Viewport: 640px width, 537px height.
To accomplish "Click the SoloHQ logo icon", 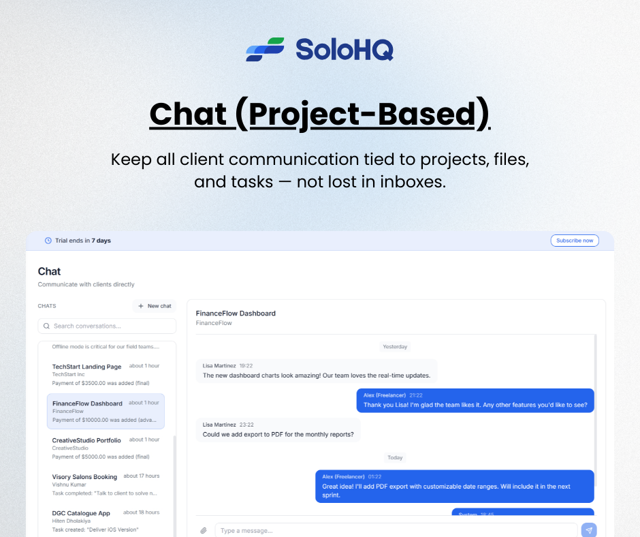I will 265,50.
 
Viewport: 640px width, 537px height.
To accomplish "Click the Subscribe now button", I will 575,241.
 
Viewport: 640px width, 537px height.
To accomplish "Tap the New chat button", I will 155,306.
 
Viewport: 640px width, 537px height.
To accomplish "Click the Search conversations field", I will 107,326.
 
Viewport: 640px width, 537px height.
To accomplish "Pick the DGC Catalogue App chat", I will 106,519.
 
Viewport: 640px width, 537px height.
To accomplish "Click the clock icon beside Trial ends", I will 48,241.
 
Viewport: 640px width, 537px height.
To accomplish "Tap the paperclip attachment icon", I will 203,530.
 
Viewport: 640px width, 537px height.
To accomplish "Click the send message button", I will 589,530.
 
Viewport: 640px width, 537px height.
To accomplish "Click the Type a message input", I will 395,530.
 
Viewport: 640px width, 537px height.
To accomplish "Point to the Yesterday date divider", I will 395,347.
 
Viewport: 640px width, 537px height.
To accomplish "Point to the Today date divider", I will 395,458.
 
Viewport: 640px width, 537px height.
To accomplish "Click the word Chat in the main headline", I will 188,114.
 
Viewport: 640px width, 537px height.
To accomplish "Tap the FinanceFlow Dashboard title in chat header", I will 236,313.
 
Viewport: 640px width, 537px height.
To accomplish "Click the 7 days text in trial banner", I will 101,241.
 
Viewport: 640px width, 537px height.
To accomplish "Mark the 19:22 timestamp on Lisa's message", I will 246,366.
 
